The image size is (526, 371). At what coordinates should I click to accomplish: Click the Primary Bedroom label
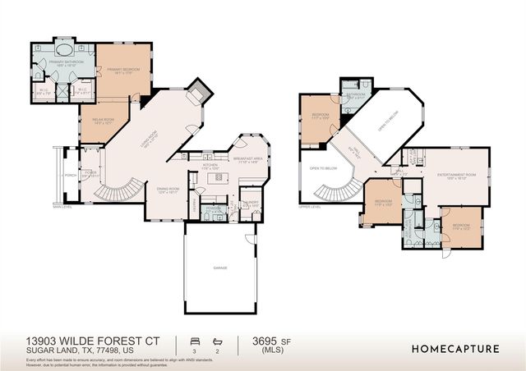(123, 71)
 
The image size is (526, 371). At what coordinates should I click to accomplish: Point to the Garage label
(220, 268)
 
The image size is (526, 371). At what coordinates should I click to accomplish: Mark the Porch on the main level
(69, 175)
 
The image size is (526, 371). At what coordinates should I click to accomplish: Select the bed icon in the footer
(195, 340)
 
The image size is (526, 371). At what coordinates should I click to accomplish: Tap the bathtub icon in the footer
(217, 340)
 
